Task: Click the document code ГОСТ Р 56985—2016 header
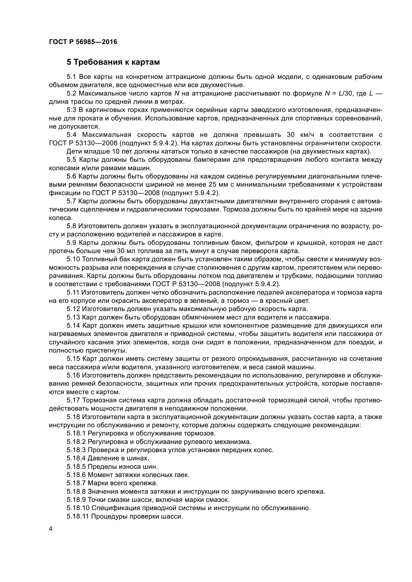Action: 83,42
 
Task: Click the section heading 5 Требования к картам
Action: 113,62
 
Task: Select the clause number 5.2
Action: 71,94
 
